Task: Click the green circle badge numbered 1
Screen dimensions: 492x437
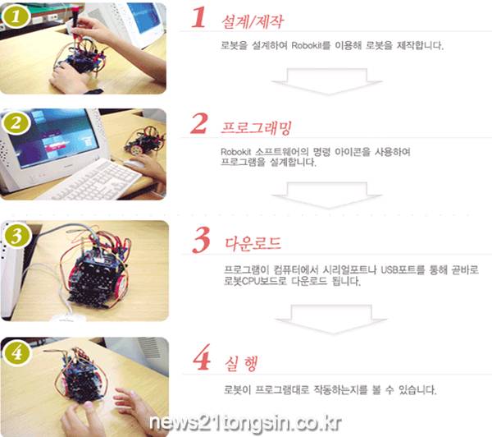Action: tap(16, 16)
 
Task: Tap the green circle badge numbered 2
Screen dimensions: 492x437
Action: tap(16, 123)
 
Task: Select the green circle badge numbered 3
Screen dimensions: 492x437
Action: tap(17, 236)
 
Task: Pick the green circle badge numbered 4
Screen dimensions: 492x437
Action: tap(17, 352)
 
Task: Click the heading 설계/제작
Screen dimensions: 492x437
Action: tap(253, 22)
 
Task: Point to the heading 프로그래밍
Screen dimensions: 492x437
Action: tap(257, 127)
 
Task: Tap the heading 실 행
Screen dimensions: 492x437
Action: tap(241, 364)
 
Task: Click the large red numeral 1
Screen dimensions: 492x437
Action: tap(198, 17)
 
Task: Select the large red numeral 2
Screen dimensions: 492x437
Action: tap(199, 123)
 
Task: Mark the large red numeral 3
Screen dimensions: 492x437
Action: tap(201, 240)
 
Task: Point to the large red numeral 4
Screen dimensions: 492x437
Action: tap(202, 356)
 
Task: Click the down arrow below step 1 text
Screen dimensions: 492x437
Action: tap(327, 81)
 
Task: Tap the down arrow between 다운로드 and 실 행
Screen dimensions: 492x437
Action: tap(331, 319)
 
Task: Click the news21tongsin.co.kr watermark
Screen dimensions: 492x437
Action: tap(245, 423)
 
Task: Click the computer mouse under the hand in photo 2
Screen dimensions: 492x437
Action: tap(134, 163)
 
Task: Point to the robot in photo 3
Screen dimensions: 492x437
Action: tap(98, 270)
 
